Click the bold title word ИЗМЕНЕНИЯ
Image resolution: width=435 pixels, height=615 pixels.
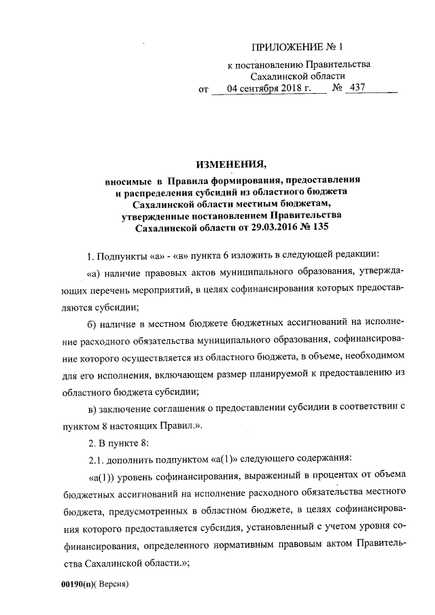tap(230, 164)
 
